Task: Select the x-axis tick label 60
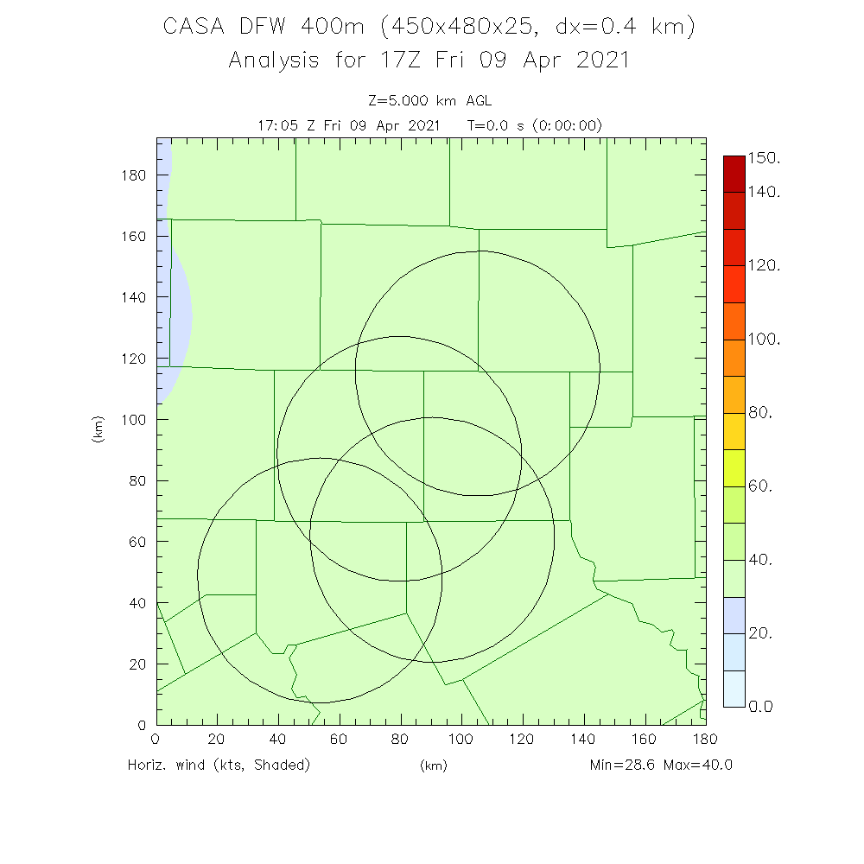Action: point(340,740)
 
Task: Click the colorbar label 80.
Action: point(759,413)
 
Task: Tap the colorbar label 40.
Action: point(759,560)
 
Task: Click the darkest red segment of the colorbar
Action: point(733,174)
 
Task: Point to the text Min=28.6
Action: point(624,765)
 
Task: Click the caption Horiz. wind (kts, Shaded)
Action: point(218,765)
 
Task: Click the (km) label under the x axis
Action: point(433,766)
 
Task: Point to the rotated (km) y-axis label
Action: point(98,429)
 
